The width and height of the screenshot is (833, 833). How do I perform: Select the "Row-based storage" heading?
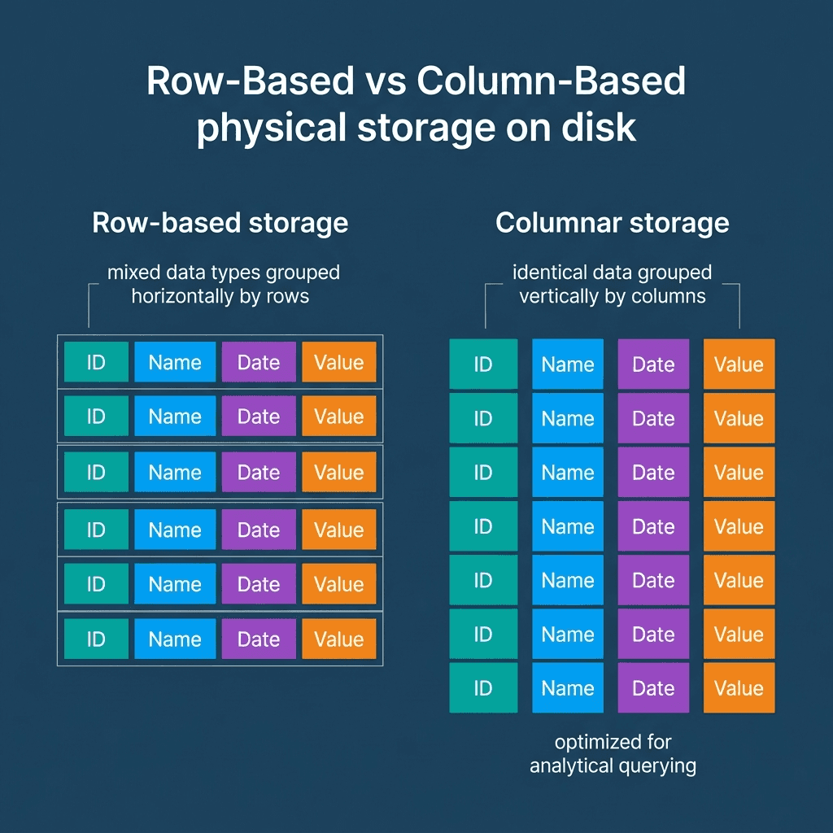tap(220, 223)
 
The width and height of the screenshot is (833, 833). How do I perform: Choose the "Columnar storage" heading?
tap(612, 223)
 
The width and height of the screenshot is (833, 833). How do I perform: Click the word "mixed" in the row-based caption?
tap(135, 273)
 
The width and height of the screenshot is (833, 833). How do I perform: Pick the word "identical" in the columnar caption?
tap(547, 273)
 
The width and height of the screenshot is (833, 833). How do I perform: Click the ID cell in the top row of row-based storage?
tap(96, 362)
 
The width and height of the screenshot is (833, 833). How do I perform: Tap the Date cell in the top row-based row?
tap(258, 362)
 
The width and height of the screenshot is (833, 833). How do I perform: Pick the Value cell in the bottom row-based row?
tap(338, 639)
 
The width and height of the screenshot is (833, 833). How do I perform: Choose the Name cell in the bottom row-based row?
tap(175, 639)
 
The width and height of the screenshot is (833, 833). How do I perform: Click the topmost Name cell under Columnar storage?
tap(568, 364)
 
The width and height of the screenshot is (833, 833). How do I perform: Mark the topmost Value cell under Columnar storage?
tap(739, 364)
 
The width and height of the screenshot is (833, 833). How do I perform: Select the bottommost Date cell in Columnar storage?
tap(653, 688)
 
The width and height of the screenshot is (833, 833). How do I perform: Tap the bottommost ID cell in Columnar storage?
tap(483, 688)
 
